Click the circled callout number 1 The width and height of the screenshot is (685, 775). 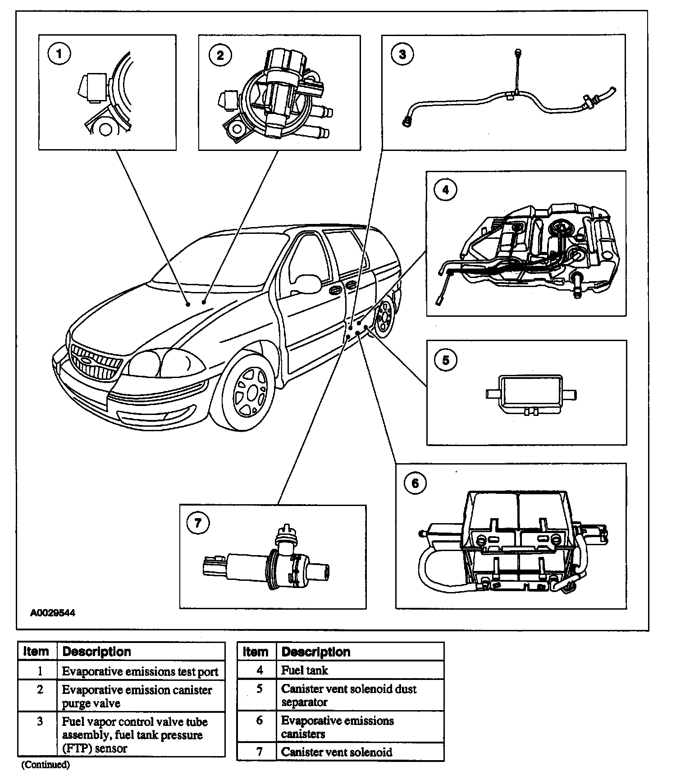point(59,55)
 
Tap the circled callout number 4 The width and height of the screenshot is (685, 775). point(445,190)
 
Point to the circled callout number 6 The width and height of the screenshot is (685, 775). point(415,483)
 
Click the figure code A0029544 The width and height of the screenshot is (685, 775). point(53,613)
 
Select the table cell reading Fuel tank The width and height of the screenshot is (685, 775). point(305,670)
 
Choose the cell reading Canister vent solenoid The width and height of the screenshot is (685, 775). point(337,752)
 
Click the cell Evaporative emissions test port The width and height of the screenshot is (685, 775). point(140,671)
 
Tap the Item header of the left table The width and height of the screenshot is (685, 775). point(36,652)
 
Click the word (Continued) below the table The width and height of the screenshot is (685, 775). point(46,765)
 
